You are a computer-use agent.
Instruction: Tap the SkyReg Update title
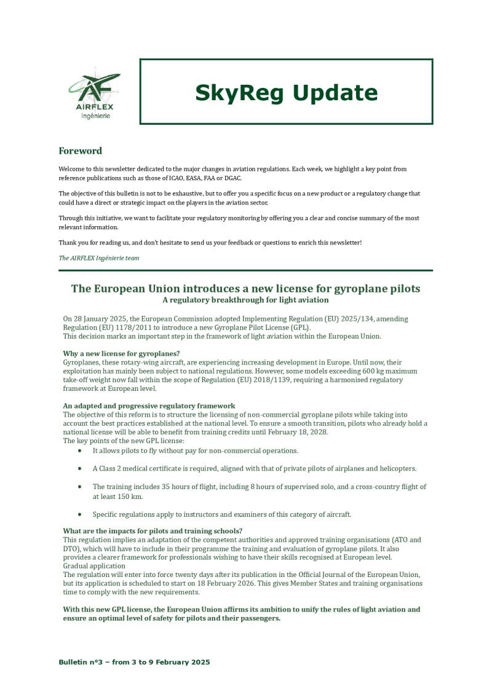coord(286,92)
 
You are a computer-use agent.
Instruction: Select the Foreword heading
coord(80,151)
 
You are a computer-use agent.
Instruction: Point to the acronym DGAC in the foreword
coord(232,178)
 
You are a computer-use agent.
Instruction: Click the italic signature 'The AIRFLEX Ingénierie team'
coord(99,258)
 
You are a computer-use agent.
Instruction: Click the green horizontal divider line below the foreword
coord(245,270)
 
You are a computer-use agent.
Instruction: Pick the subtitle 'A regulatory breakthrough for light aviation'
coord(245,300)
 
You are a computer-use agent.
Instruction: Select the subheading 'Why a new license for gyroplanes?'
coord(121,353)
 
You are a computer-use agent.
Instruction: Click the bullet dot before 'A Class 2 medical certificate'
coord(80,468)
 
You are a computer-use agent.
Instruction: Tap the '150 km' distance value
coord(130,496)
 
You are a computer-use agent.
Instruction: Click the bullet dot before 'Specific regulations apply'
coord(80,514)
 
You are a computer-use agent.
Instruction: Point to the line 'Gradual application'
coord(94,565)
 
